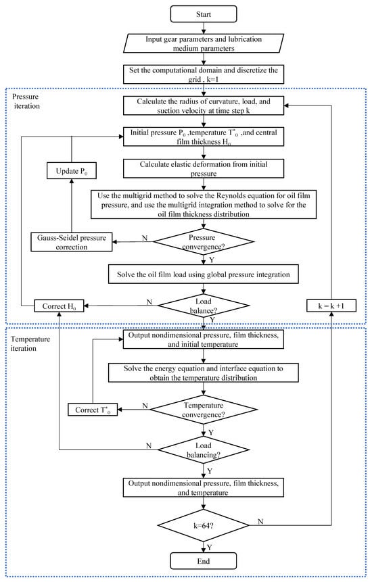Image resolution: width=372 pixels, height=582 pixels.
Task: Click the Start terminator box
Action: click(204, 14)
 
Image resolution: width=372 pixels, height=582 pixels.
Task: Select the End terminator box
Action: click(204, 561)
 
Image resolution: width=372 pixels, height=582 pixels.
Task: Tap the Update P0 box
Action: click(72, 171)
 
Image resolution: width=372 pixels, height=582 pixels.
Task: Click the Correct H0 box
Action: click(59, 306)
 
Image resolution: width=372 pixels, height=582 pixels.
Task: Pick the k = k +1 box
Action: click(331, 306)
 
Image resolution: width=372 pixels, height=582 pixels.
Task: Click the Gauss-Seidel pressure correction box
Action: click(72, 242)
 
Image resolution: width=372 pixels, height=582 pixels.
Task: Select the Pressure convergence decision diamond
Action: click(204, 242)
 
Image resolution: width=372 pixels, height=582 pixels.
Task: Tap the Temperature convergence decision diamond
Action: click(204, 410)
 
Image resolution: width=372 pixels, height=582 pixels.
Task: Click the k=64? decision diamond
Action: click(204, 525)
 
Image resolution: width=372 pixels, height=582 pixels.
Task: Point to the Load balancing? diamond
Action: click(204, 450)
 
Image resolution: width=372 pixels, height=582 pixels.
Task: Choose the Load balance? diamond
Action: click(204, 306)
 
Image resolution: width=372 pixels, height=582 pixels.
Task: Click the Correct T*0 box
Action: click(93, 410)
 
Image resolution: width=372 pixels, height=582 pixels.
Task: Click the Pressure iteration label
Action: click(26, 101)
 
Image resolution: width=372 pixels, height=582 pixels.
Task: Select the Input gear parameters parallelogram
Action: click(204, 43)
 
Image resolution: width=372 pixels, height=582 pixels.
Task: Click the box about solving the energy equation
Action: click(204, 372)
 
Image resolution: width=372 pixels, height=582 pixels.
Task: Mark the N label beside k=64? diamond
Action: click(260, 521)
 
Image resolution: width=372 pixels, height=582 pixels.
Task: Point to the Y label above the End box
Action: click(210, 547)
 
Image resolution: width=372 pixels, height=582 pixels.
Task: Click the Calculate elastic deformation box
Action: click(204, 168)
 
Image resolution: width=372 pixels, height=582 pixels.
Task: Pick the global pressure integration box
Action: click(204, 274)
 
